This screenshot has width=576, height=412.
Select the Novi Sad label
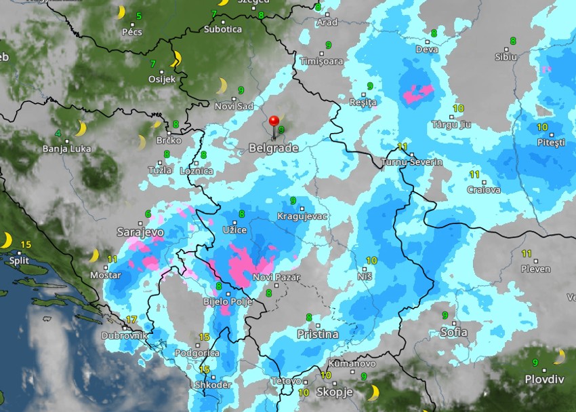click(x=233, y=107)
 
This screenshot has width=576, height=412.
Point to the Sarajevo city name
click(x=140, y=231)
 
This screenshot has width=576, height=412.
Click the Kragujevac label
click(x=302, y=217)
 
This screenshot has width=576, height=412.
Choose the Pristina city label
click(x=317, y=334)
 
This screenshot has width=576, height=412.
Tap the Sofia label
click(x=453, y=332)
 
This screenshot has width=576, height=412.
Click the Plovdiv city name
click(x=546, y=379)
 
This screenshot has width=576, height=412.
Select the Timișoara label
click(x=322, y=61)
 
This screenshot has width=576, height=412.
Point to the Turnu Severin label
click(x=411, y=162)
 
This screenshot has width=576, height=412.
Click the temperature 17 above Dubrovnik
click(x=131, y=320)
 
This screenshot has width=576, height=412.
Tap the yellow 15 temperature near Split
click(x=26, y=244)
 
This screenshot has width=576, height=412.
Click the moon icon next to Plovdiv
click(x=559, y=356)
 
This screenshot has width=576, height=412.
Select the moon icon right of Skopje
click(x=373, y=392)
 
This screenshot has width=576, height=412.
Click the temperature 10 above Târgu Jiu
click(x=458, y=109)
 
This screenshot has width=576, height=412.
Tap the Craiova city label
click(x=484, y=190)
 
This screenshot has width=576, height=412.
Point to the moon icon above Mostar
click(x=94, y=255)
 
